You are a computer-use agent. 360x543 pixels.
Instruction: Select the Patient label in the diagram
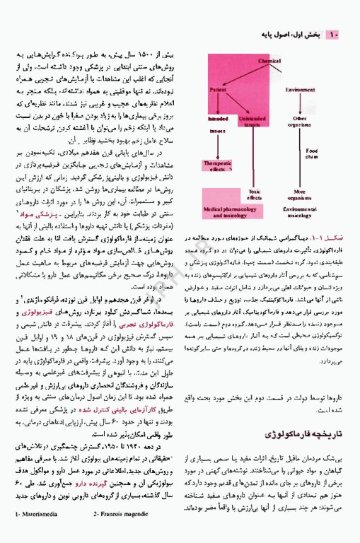click(x=218, y=90)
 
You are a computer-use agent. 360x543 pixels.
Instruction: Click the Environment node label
click(x=300, y=90)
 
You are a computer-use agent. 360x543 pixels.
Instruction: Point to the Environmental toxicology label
click(x=300, y=212)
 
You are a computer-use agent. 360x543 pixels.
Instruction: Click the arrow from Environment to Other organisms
click(x=300, y=103)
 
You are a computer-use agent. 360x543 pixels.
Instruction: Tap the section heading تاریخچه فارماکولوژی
click(x=312, y=431)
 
